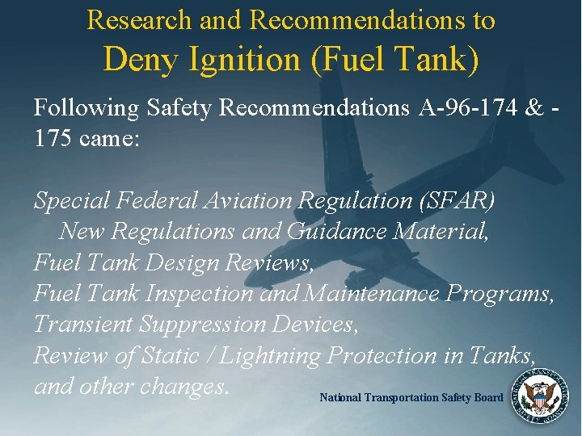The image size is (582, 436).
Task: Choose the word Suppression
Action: [x=222, y=325]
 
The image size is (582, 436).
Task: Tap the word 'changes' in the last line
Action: [x=185, y=387]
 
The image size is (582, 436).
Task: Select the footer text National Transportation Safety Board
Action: [x=411, y=397]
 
